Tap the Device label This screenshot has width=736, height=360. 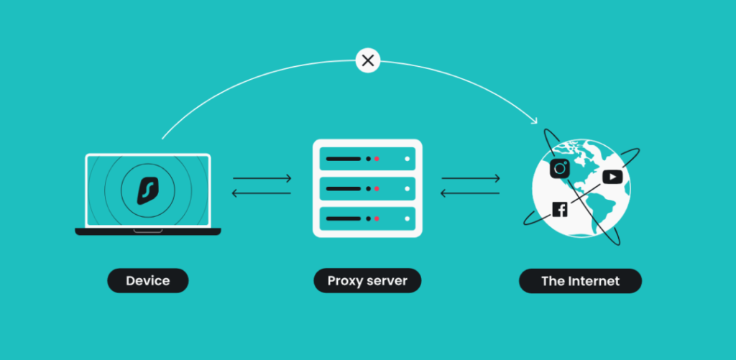pyautogui.click(x=147, y=280)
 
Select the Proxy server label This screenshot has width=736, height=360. pyautogui.click(x=367, y=280)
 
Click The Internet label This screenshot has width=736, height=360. pyautogui.click(x=580, y=280)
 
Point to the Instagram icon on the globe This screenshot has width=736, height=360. pyautogui.click(x=560, y=169)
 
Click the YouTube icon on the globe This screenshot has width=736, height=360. pyautogui.click(x=612, y=176)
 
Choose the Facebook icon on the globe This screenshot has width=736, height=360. pyautogui.click(x=560, y=209)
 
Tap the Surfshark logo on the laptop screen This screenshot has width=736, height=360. pyautogui.click(x=147, y=189)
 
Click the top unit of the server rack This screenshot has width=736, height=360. pyautogui.click(x=367, y=158)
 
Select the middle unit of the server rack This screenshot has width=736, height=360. pyautogui.click(x=367, y=188)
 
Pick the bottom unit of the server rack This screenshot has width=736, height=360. pyautogui.click(x=367, y=218)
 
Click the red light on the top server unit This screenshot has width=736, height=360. pyautogui.click(x=377, y=158)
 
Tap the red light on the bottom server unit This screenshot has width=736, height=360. pyautogui.click(x=377, y=218)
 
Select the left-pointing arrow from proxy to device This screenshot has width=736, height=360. pyautogui.click(x=262, y=193)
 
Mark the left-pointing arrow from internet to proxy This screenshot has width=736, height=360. pyautogui.click(x=470, y=193)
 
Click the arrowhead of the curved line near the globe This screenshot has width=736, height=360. pyautogui.click(x=534, y=119)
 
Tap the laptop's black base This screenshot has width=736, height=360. pyautogui.click(x=147, y=231)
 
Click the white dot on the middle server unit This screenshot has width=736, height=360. pyautogui.click(x=407, y=188)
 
